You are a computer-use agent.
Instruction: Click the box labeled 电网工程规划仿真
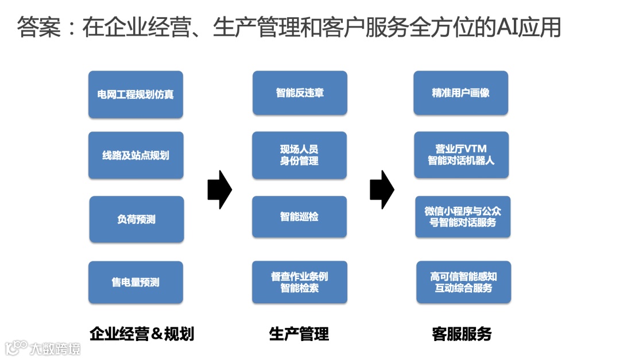(135, 94)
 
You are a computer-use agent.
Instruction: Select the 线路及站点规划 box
(135, 155)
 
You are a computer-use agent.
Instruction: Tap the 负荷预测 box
(137, 219)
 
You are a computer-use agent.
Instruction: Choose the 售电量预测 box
(135, 282)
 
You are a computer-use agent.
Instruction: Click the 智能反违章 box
(300, 92)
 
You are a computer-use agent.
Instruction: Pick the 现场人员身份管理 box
(300, 155)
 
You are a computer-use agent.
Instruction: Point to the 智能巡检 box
(300, 216)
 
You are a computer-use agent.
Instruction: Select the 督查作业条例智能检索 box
(300, 282)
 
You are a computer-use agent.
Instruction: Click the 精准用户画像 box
(461, 92)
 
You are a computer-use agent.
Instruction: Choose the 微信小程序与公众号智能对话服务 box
(463, 216)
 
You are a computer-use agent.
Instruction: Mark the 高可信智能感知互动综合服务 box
(463, 282)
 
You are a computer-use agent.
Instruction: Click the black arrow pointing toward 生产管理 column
(219, 189)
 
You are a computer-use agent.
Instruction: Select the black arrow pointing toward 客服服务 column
(382, 189)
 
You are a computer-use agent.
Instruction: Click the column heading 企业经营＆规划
(142, 334)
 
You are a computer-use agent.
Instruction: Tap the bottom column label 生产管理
(299, 334)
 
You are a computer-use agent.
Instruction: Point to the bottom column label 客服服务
(462, 334)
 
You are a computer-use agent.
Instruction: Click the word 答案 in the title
(39, 27)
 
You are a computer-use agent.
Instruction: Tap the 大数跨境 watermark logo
(43, 348)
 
